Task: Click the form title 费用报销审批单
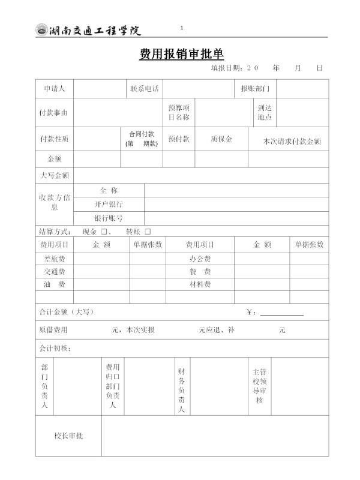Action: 182,55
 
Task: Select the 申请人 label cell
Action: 54,89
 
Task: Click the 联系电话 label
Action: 145,89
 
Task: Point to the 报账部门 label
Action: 255,89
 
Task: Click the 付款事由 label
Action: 54,113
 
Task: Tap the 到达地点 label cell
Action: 265,112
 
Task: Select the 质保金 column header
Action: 221,139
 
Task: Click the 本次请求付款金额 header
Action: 292,142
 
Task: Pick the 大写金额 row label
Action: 54,176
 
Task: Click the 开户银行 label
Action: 109,204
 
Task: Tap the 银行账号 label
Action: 109,218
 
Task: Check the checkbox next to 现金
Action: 104,232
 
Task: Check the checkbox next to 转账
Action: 148,232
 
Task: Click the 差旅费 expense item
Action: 54,259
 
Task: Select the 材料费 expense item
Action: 200,284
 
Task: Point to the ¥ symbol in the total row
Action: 250,313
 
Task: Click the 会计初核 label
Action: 55,348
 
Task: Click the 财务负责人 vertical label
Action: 181,391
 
